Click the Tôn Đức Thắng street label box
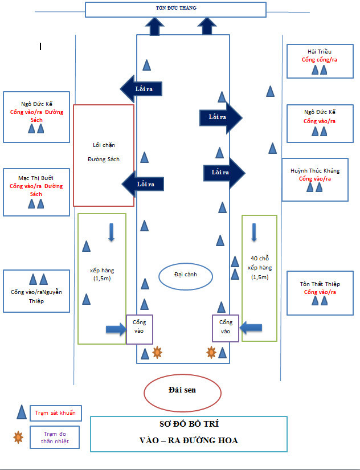click(x=175, y=10)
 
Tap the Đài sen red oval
click(x=182, y=390)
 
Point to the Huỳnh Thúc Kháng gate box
click(x=314, y=179)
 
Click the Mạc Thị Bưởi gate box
click(x=36, y=192)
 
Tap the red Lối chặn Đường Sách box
click(x=104, y=155)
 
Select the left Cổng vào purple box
click(x=140, y=328)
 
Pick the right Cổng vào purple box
click(x=226, y=328)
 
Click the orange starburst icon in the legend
click(x=18, y=437)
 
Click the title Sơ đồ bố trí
click(x=189, y=424)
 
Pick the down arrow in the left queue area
click(x=111, y=232)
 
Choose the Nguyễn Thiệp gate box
click(x=36, y=291)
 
